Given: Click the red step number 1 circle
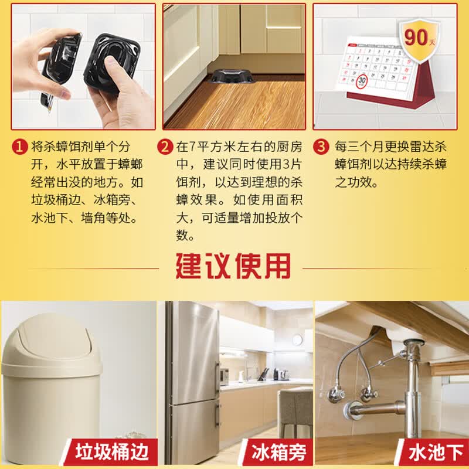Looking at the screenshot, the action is [19, 147].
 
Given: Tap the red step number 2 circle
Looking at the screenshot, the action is [165, 147].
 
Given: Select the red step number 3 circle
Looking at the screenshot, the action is [321, 147].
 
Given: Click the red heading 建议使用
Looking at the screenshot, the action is [233, 266].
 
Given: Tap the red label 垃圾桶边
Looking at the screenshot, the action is [112, 451].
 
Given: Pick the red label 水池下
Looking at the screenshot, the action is [436, 452].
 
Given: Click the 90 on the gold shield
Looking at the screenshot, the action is [416, 38].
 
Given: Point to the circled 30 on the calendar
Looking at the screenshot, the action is [362, 80].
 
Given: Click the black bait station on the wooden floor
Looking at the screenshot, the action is [232, 76].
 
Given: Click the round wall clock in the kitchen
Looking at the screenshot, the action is [297, 339].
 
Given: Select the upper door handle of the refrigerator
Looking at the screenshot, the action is [217, 378].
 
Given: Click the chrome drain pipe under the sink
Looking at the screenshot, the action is [413, 389].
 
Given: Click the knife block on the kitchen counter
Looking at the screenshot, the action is [265, 375].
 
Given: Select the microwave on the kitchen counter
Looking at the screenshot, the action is [225, 376].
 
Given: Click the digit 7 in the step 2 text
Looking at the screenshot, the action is [192, 147].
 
